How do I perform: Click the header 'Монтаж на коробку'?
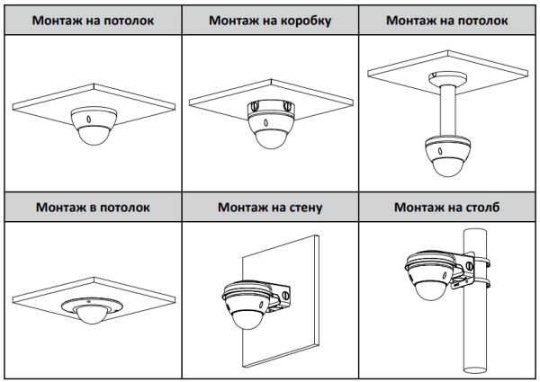point(269,19)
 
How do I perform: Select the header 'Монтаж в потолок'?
point(93,207)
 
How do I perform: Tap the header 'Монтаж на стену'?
point(270,207)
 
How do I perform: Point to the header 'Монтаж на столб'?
point(447,207)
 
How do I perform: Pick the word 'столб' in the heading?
point(478,207)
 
